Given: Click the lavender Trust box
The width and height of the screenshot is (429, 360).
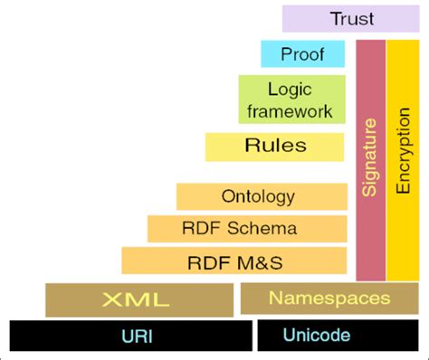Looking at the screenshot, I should [x=351, y=18].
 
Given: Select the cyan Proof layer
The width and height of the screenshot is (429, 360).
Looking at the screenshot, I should [x=302, y=53].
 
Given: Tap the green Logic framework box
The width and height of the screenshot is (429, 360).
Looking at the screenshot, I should [x=294, y=100].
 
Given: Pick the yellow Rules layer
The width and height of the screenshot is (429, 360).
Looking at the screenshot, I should [x=275, y=146].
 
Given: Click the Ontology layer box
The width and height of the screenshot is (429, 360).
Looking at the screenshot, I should [x=262, y=196].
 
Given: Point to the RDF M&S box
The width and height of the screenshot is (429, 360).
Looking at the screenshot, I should [x=234, y=262].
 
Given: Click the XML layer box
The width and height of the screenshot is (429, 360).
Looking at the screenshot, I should [x=138, y=298].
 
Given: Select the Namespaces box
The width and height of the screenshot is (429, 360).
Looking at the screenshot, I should [x=329, y=298].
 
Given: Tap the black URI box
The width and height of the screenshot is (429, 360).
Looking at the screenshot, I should [x=130, y=336].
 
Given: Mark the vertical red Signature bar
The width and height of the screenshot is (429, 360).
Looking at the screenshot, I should [x=370, y=161].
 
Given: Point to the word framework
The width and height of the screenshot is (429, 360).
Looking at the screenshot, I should [x=293, y=111].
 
